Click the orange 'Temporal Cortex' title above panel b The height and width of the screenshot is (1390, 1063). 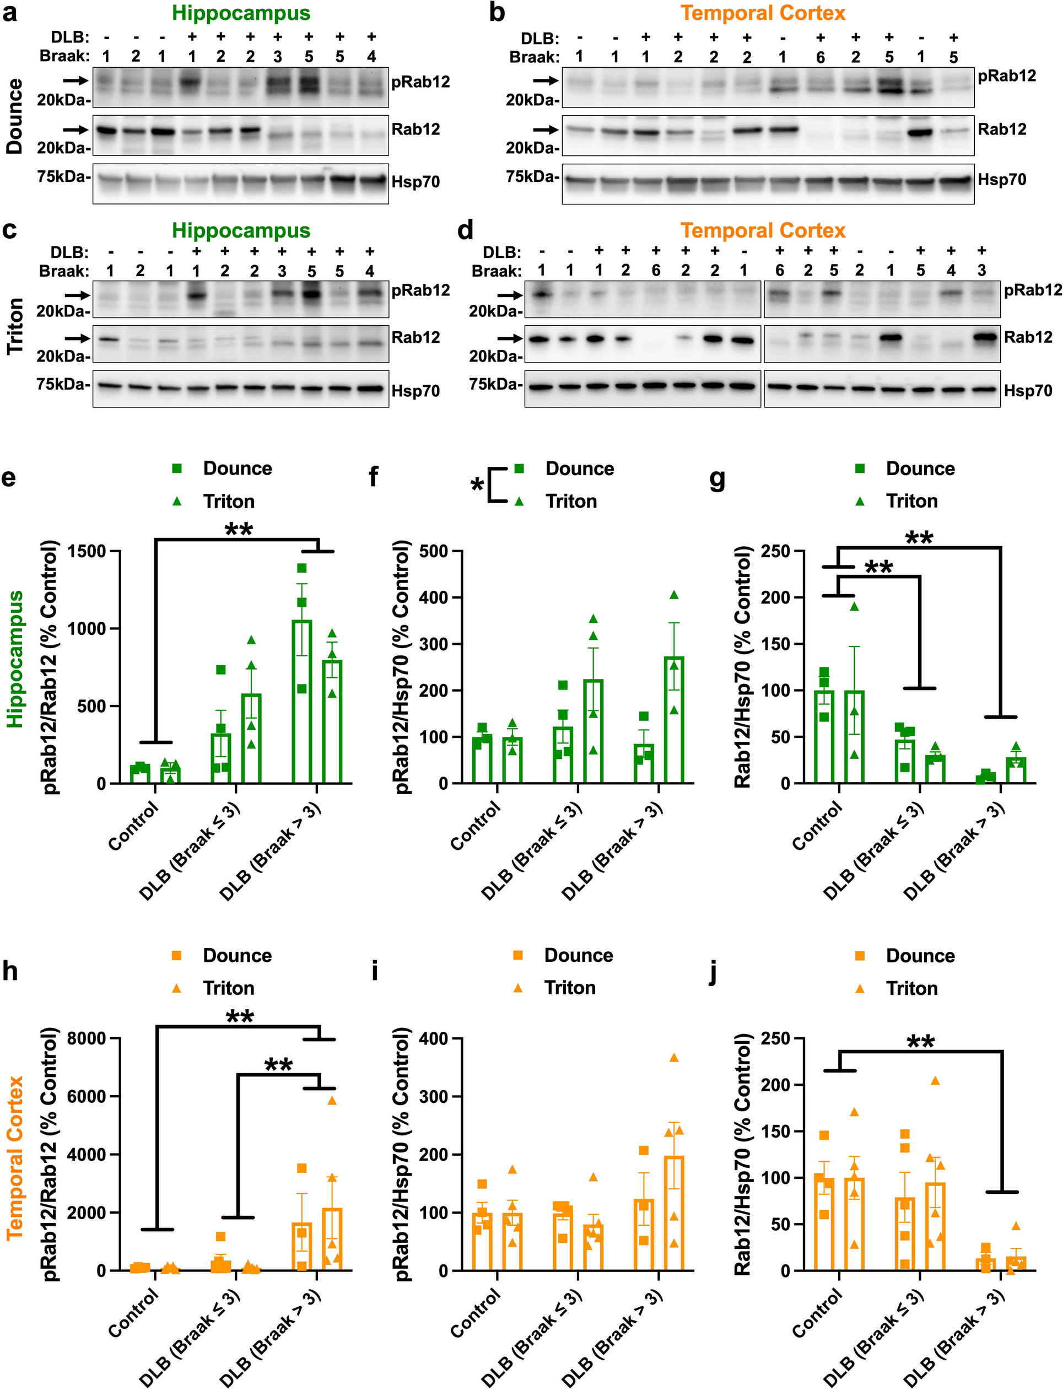click(763, 13)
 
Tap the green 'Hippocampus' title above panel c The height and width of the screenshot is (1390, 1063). click(241, 231)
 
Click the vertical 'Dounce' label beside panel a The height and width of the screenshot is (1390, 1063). click(14, 116)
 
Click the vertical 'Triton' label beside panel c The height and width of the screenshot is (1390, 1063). click(14, 326)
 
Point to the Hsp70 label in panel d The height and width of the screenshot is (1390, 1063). click(1028, 391)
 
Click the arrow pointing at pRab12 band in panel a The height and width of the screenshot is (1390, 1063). click(75, 81)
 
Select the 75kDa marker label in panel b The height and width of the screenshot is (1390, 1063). click(531, 177)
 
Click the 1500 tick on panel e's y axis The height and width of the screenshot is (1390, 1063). click(87, 551)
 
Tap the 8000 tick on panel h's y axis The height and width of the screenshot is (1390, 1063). click(87, 1039)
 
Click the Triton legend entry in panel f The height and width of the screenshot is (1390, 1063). click(571, 502)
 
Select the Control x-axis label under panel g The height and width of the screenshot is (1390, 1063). click(817, 826)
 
